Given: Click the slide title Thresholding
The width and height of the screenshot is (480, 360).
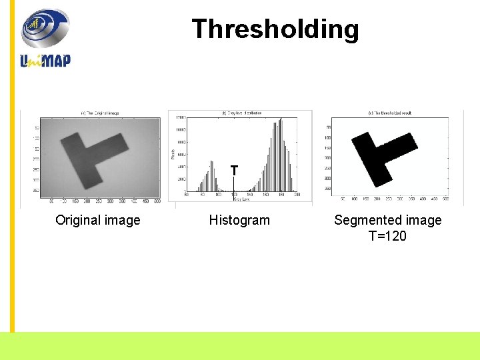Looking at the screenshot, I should [275, 29].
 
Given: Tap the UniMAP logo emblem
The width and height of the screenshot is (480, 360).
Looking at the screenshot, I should [45, 28].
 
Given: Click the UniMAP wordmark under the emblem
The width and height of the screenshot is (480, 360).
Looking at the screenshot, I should [45, 60].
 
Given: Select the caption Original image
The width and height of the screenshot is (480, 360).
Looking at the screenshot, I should [98, 220].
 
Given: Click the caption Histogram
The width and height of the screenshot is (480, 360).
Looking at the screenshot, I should [239, 220].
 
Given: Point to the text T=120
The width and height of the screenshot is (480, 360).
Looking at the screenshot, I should [387, 236].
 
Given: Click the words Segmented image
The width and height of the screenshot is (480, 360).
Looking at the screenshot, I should [387, 220].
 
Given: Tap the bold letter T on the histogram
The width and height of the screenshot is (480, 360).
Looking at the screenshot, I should [234, 171].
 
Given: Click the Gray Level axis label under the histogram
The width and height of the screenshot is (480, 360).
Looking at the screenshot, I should [241, 199].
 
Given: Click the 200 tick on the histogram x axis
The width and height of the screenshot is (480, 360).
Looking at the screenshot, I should [297, 195].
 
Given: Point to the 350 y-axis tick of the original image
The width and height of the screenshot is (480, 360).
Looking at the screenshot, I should [37, 191].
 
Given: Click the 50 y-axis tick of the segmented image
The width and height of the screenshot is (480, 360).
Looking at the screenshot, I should [328, 127].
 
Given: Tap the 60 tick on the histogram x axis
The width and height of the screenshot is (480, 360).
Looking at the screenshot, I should [186, 195].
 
